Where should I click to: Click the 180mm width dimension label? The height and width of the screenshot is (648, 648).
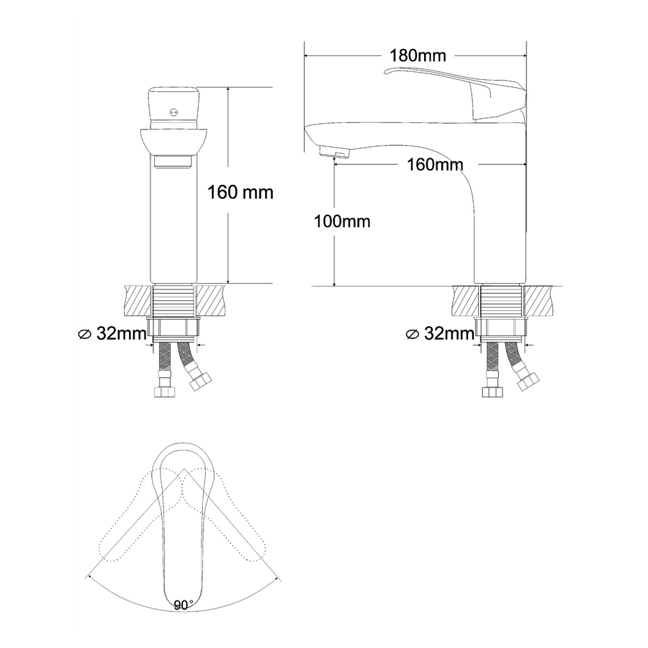tap(418, 55)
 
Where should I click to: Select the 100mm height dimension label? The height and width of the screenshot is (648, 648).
tap(342, 222)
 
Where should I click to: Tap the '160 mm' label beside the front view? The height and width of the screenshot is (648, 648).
tap(240, 192)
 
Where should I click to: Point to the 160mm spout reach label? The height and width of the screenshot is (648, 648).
tap(435, 165)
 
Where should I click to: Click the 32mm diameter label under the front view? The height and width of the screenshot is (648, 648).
tap(112, 333)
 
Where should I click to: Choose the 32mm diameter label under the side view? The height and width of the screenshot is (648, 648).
tap(440, 333)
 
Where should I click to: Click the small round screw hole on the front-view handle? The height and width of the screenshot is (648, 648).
tap(174, 111)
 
